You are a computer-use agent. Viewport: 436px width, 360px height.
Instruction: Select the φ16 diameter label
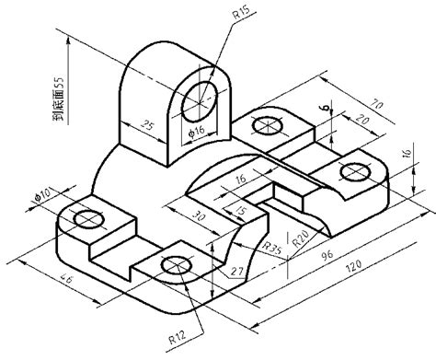[x=196, y=131]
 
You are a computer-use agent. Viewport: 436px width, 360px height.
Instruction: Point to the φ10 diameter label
[x=42, y=195]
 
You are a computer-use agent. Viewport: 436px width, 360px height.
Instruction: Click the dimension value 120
[x=353, y=266]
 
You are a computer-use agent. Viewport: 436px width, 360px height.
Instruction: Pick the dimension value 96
[x=327, y=254]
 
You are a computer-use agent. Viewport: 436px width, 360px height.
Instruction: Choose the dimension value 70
[x=376, y=104]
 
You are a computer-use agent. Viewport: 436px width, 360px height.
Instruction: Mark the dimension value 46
[x=67, y=279]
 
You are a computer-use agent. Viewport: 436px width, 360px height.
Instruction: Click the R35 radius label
[x=272, y=248]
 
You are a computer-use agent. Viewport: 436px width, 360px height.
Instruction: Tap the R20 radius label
[x=300, y=238]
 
